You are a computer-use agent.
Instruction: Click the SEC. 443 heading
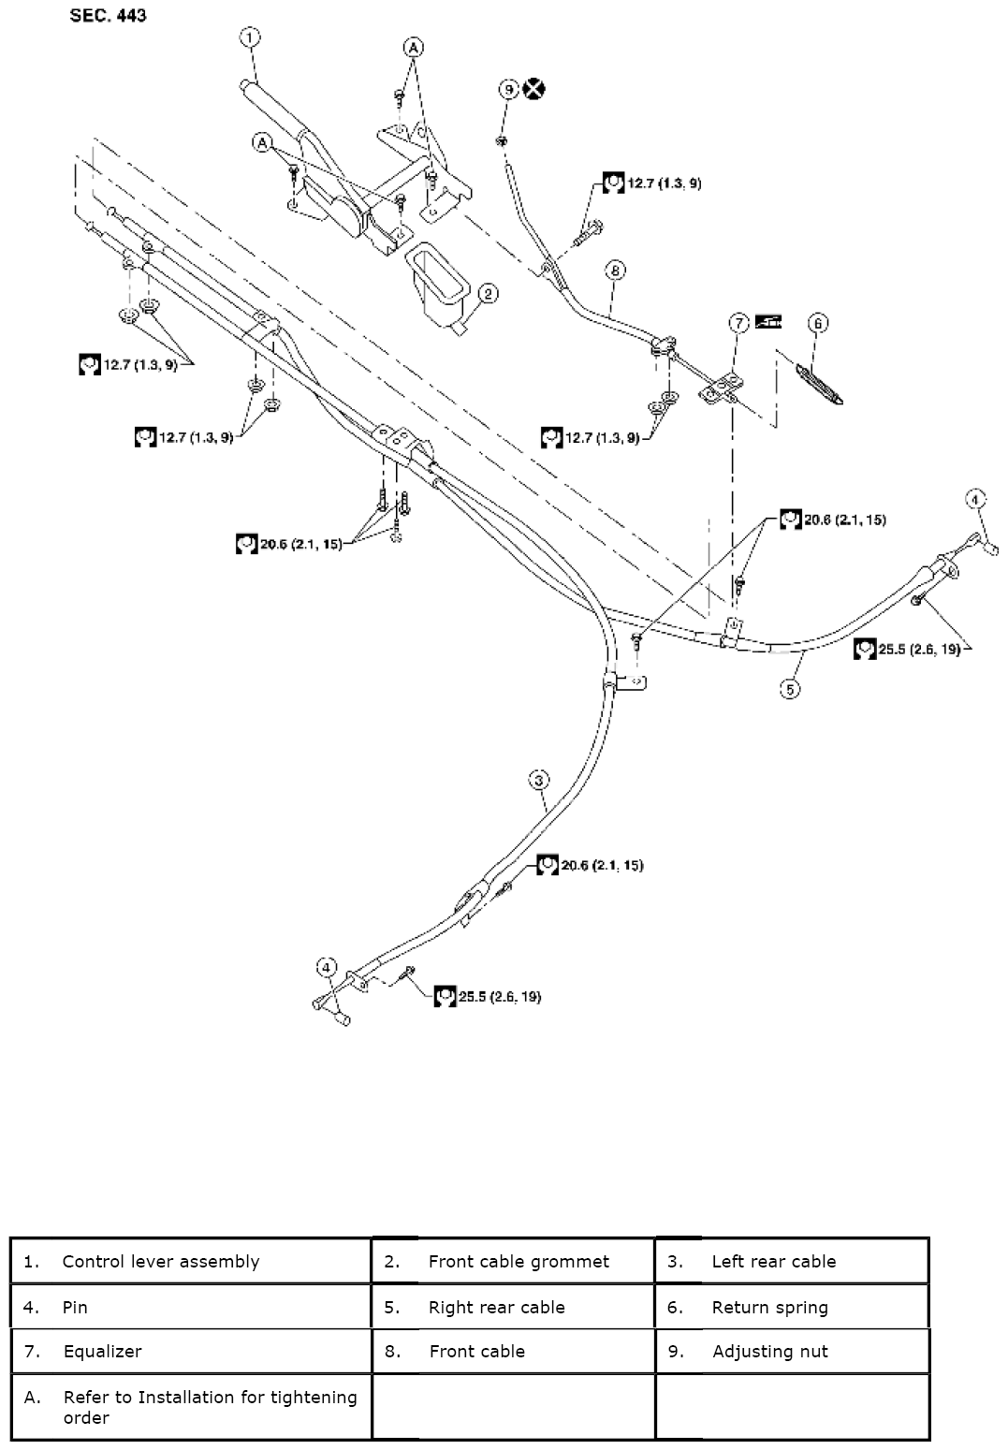[108, 16]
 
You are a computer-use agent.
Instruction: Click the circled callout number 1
[249, 37]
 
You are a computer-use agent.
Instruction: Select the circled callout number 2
[488, 294]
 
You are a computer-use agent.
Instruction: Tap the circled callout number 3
[538, 779]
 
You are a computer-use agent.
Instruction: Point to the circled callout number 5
[791, 690]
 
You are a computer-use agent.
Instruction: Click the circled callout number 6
[818, 324]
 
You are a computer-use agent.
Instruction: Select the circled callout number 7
[739, 323]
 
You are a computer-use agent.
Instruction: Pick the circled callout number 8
[615, 271]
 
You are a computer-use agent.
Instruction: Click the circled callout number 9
[508, 89]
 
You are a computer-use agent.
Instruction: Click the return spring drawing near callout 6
[820, 383]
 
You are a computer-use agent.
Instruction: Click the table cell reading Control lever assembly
[192, 1261]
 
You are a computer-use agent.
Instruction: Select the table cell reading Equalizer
[192, 1351]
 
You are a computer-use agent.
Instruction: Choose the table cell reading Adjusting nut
[792, 1351]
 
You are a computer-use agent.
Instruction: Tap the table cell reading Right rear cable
[513, 1307]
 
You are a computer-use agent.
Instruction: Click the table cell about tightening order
[192, 1406]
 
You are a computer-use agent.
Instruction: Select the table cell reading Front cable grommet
[513, 1261]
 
